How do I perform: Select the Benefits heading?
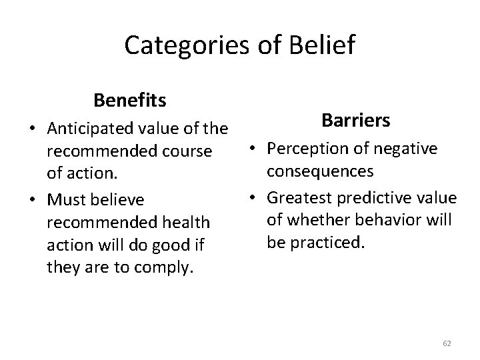(130, 101)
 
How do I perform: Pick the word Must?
(64, 199)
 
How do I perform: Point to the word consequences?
(320, 171)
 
